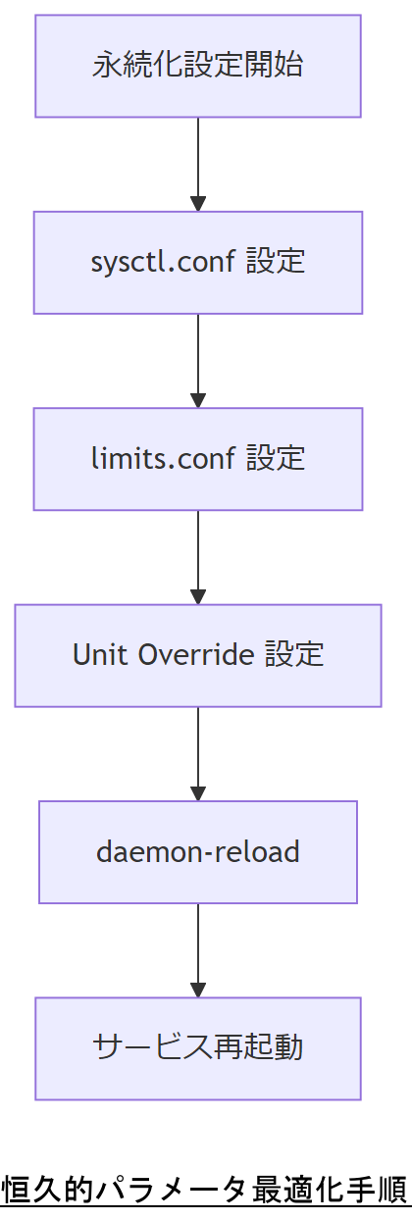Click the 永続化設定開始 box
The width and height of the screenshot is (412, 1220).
click(197, 66)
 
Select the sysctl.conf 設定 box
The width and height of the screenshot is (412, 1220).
click(197, 262)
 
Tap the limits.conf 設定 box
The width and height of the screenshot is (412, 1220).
click(197, 458)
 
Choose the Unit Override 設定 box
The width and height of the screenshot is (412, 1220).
click(197, 654)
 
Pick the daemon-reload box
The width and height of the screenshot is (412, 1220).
click(197, 851)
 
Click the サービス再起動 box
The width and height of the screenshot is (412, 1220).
click(197, 1047)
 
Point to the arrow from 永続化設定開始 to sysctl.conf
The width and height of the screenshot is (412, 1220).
click(198, 162)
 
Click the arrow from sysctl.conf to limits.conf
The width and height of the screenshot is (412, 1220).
click(198, 359)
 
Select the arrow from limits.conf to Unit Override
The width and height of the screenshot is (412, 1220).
click(198, 555)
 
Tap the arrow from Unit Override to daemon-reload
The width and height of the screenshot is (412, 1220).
click(198, 751)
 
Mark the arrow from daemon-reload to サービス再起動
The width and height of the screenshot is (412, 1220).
click(198, 948)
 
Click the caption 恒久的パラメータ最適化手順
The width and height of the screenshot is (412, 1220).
click(205, 1190)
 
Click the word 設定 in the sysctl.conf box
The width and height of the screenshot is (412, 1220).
click(276, 262)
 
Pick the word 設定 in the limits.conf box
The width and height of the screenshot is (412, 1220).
click(276, 458)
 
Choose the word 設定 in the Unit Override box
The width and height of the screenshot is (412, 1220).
click(294, 654)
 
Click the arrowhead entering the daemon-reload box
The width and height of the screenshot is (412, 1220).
click(198, 794)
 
